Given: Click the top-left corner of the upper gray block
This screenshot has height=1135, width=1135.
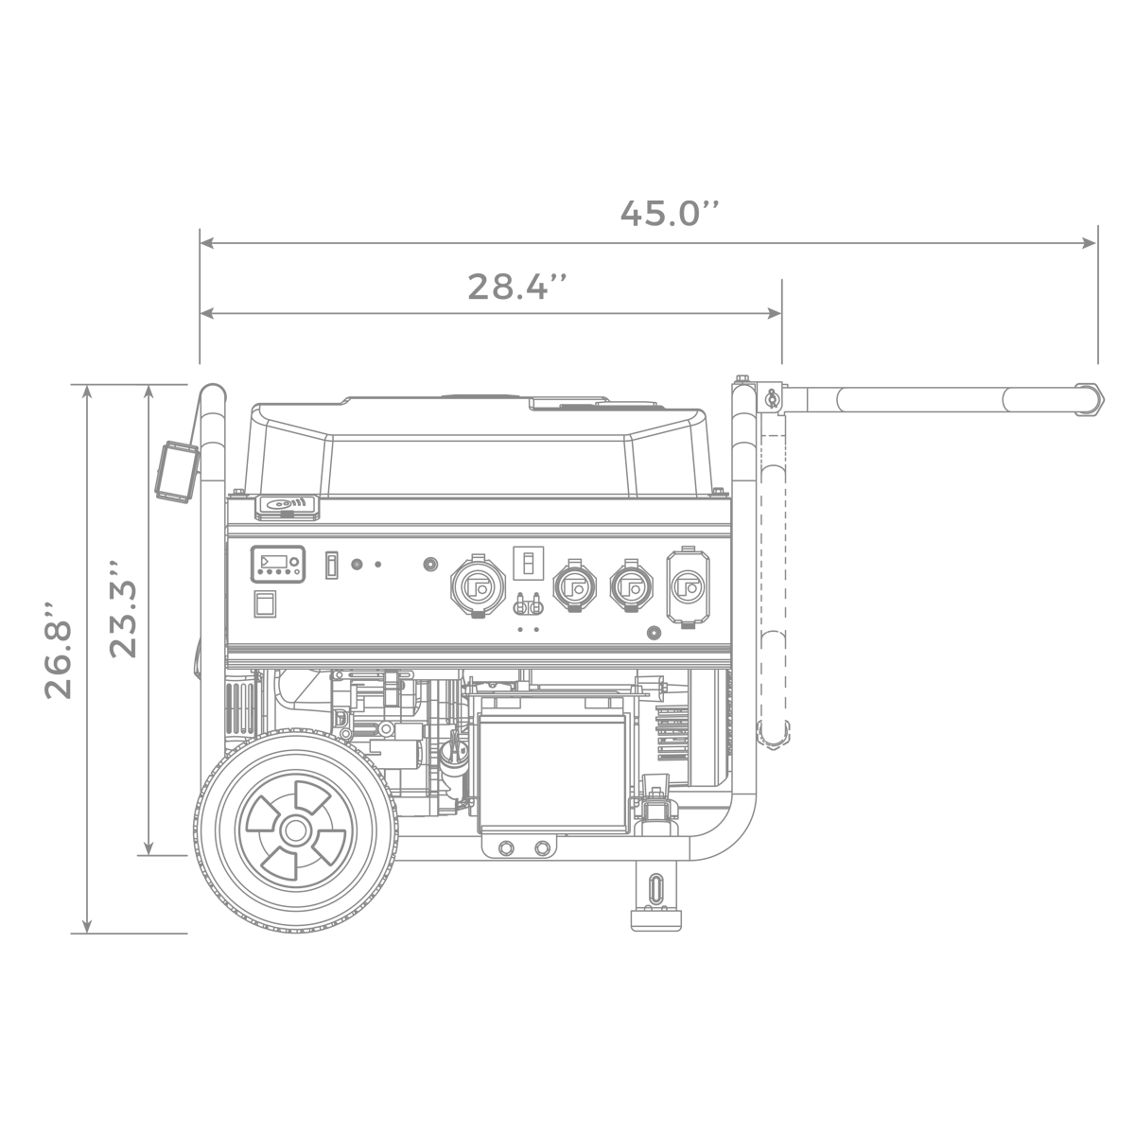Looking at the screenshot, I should coord(198,228).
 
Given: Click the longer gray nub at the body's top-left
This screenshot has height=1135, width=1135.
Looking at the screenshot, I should coord(76,382).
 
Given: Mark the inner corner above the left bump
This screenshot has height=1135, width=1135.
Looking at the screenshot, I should coord(83,598).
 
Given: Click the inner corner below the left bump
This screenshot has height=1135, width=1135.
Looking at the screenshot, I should coord(83,704).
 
